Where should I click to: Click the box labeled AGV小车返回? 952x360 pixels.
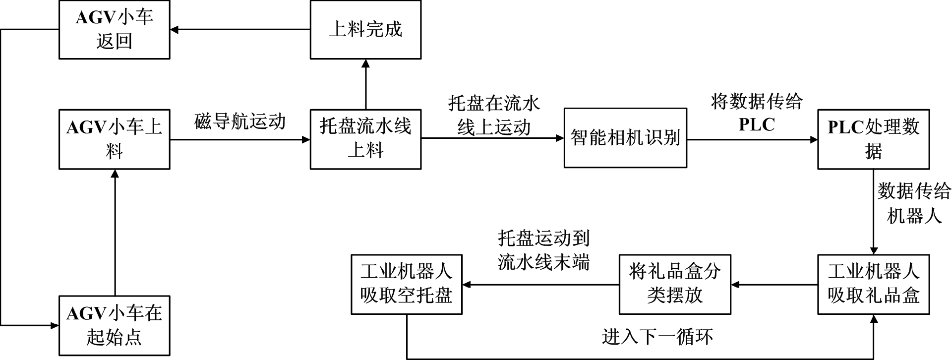click(115, 30)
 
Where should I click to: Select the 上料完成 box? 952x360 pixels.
click(365, 30)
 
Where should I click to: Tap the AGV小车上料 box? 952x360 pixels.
click(115, 139)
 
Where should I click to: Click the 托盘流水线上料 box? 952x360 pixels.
click(365, 139)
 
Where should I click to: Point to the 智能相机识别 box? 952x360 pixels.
click(625, 138)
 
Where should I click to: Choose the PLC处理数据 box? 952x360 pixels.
click(873, 139)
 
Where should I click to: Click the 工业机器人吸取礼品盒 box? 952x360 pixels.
click(873, 285)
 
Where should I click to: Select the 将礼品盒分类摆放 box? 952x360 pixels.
click(675, 285)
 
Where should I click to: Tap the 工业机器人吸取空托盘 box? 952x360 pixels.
click(407, 285)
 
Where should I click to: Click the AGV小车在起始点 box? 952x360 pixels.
click(115, 326)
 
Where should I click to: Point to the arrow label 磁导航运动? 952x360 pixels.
click(240, 121)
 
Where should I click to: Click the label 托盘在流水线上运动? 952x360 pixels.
click(494, 116)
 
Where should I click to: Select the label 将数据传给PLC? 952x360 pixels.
click(757, 113)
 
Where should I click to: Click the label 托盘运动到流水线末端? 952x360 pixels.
click(544, 250)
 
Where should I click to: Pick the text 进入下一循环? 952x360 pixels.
click(657, 337)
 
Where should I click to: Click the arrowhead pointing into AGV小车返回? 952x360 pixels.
click(174, 30)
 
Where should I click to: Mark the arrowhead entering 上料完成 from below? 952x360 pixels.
click(366, 63)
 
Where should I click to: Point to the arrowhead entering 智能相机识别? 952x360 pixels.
click(560, 139)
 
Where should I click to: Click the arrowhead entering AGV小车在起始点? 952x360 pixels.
click(55, 326)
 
